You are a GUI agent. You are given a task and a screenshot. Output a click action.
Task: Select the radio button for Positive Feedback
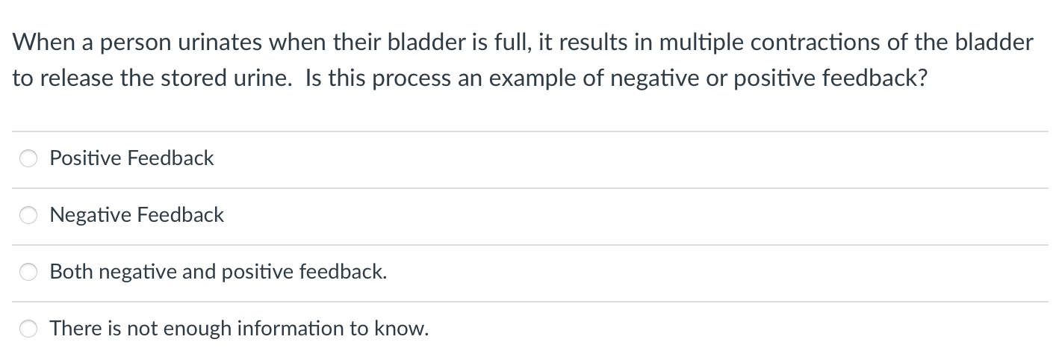click(28, 158)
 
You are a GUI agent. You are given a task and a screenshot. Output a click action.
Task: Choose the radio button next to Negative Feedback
click(28, 215)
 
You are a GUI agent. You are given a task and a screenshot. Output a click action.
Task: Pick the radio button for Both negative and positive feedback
click(28, 272)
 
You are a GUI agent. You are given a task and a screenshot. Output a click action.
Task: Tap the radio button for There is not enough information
click(28, 328)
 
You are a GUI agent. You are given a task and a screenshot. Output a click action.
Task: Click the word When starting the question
click(43, 42)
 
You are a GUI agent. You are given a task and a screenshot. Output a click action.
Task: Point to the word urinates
click(220, 43)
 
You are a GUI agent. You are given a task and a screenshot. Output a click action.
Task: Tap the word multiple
click(701, 43)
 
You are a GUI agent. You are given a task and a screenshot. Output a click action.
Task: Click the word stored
click(193, 78)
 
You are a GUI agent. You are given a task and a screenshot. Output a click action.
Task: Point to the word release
click(77, 78)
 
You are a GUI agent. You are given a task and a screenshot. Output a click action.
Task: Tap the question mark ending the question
click(922, 78)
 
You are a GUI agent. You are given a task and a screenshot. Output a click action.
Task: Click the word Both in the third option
click(71, 272)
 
